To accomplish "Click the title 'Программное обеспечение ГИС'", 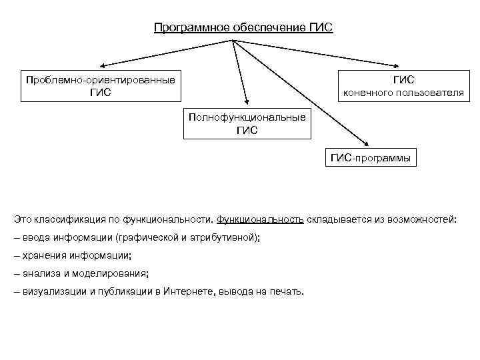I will (x=243, y=28).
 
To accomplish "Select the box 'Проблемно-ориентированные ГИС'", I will (x=101, y=86).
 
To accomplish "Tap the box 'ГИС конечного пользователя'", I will (x=403, y=86).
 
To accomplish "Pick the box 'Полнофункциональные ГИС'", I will (x=247, y=123).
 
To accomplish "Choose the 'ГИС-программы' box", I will (x=371, y=157).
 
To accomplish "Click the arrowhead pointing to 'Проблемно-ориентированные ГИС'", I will (x=104, y=65).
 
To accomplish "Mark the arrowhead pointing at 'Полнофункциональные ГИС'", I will (x=246, y=102).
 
